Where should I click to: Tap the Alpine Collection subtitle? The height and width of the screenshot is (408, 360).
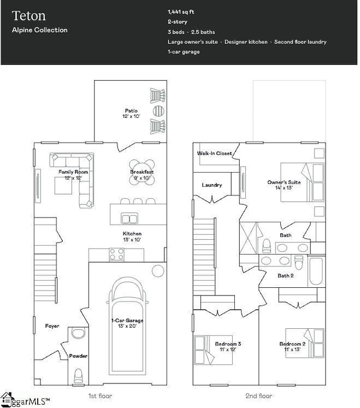[40, 30]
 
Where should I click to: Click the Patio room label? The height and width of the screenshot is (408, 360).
[131, 111]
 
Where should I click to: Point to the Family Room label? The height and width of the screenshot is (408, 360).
[74, 172]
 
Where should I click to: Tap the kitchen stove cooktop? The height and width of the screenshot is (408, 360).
[116, 254]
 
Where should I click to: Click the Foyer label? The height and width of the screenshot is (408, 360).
[52, 326]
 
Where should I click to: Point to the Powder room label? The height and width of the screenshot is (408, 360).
[78, 356]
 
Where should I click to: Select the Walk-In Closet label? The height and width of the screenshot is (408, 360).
[214, 153]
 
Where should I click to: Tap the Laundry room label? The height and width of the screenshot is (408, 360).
[212, 185]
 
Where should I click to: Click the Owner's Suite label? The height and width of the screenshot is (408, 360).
[284, 182]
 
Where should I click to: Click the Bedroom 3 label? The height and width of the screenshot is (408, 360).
[228, 344]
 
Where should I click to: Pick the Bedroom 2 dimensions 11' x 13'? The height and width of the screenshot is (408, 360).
[292, 350]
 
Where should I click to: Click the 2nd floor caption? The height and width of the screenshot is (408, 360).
[259, 396]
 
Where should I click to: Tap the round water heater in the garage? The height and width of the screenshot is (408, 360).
[158, 271]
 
